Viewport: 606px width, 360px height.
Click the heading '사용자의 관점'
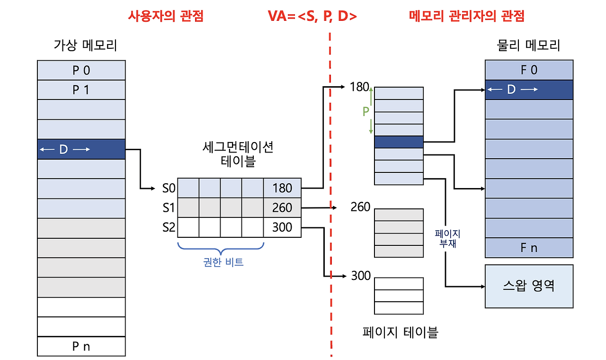[166, 16]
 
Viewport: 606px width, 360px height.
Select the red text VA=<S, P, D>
[312, 17]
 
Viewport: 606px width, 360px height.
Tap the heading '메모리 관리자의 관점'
[466, 16]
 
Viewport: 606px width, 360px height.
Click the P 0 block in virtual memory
[81, 70]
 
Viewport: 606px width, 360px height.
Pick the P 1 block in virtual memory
[81, 90]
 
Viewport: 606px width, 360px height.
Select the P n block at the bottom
[81, 346]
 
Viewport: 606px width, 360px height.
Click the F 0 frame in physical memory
[529, 70]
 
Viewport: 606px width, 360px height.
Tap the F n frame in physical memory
[529, 248]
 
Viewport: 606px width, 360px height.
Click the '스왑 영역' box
[529, 286]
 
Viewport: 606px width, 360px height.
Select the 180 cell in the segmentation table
[282, 188]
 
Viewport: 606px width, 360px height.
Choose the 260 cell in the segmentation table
[282, 207]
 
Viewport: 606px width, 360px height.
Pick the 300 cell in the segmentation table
[282, 227]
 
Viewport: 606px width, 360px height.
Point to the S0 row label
[169, 188]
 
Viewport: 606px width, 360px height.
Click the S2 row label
[169, 227]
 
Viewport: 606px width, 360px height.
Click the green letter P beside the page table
[365, 111]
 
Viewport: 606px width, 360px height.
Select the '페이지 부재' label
[448, 239]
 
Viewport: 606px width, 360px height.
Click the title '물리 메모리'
[529, 45]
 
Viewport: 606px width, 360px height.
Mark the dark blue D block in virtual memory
[81, 149]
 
